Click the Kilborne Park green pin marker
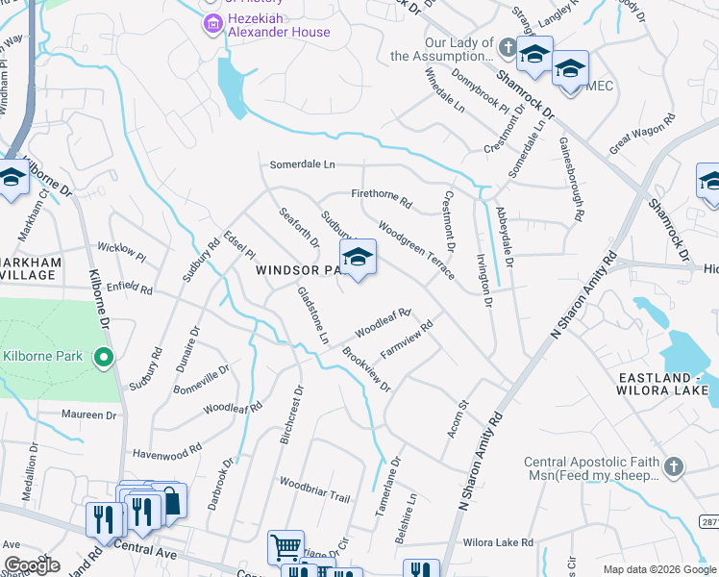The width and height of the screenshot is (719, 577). pos(105,359)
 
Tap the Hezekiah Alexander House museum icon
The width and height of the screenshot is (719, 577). pos(211,22)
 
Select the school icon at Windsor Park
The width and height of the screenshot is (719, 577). pos(358,258)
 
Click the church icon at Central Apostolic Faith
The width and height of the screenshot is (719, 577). pos(673,467)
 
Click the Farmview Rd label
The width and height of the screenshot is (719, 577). pos(407,339)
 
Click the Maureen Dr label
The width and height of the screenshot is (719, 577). pos(89,415)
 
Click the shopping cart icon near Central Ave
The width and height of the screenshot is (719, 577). pos(285,548)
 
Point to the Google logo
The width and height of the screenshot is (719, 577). pos(32,564)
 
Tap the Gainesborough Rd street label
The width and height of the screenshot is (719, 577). pos(571,180)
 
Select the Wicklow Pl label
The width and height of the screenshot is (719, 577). pos(121,254)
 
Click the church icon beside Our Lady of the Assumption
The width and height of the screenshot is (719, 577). pos(508,45)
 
